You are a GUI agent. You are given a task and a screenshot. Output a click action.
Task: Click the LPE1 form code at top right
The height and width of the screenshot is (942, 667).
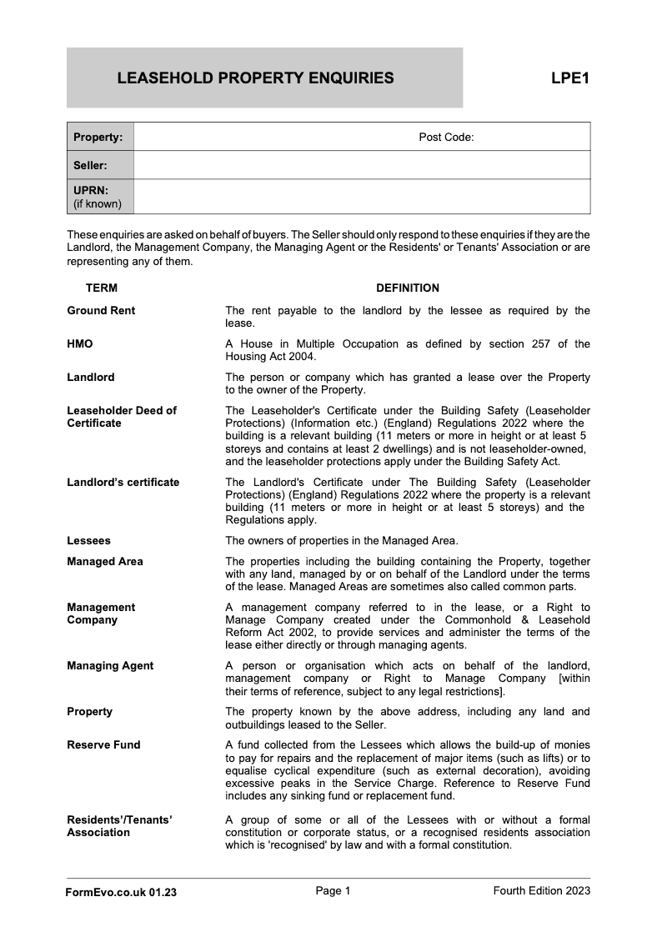pyautogui.click(x=570, y=78)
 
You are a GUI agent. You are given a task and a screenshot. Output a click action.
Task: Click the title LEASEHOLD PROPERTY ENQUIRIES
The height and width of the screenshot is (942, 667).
pyautogui.click(x=255, y=78)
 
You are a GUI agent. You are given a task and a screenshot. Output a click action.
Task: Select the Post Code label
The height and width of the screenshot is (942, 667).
pyautogui.click(x=446, y=137)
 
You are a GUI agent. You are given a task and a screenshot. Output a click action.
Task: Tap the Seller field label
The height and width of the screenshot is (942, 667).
pyautogui.click(x=90, y=165)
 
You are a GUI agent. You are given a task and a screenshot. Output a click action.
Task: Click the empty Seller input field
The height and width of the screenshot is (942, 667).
pyautogui.click(x=362, y=165)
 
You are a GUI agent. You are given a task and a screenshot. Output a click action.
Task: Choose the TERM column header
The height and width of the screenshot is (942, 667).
pyautogui.click(x=102, y=288)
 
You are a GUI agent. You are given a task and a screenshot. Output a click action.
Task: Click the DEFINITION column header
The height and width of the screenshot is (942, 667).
pyautogui.click(x=407, y=288)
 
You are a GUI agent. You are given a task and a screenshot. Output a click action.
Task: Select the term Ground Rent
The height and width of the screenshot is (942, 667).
pyautogui.click(x=101, y=311)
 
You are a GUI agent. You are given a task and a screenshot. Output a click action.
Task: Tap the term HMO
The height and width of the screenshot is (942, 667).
pyautogui.click(x=80, y=344)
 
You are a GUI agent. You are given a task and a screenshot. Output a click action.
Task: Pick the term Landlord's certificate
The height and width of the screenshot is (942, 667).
pyautogui.click(x=123, y=483)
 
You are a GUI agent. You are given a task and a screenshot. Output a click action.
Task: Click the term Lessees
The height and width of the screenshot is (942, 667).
pyautogui.click(x=88, y=541)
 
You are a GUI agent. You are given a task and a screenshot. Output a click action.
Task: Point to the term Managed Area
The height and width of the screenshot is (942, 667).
pyautogui.click(x=105, y=562)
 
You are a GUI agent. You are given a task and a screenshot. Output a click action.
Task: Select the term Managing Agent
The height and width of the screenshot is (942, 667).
pyautogui.click(x=110, y=666)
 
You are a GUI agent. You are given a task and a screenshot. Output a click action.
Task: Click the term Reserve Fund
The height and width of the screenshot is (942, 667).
pyautogui.click(x=103, y=745)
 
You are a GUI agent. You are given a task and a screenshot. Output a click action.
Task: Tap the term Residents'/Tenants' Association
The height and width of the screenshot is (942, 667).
pyautogui.click(x=119, y=826)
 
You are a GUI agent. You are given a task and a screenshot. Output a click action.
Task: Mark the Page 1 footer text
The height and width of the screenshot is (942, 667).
pyautogui.click(x=333, y=891)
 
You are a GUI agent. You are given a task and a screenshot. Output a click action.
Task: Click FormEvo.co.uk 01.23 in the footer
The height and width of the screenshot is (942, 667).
pyautogui.click(x=121, y=892)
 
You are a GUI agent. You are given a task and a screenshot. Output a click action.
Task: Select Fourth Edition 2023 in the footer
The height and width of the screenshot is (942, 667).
pyautogui.click(x=541, y=891)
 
